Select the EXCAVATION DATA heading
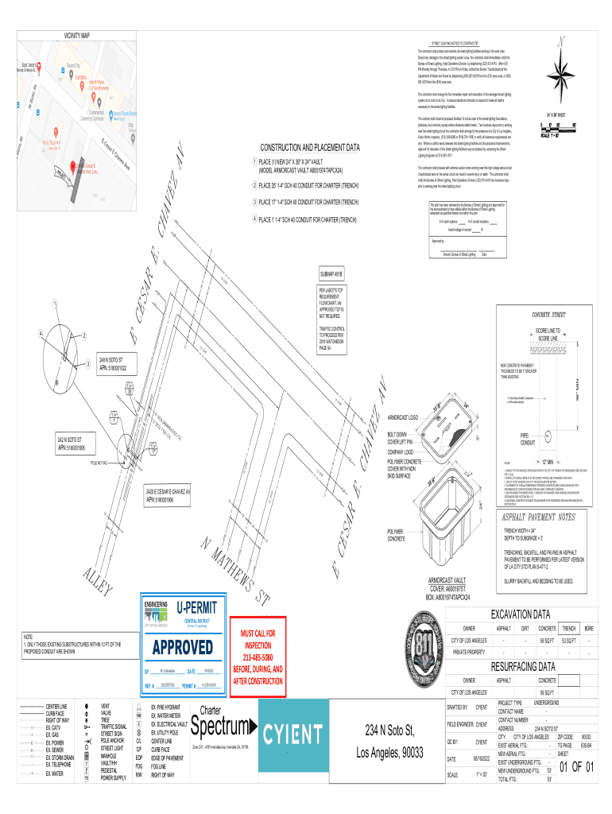click(x=521, y=614)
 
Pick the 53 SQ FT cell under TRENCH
click(x=568, y=640)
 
